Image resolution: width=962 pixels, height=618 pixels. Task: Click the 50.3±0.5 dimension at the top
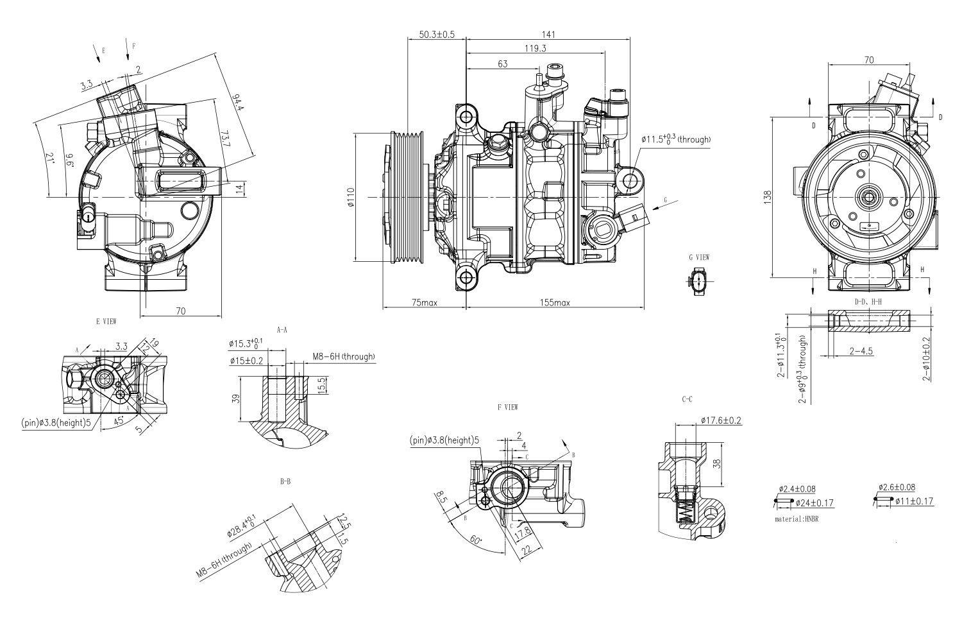[437, 35]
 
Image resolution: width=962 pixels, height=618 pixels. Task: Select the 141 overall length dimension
[548, 35]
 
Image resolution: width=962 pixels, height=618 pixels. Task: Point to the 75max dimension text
[425, 302]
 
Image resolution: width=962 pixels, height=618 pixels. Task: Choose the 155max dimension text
[554, 302]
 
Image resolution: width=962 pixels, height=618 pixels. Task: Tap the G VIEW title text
[699, 257]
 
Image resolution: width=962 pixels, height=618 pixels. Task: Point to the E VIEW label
[106, 321]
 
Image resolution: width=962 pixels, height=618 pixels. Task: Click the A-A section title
[282, 329]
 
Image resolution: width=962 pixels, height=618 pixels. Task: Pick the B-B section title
[286, 481]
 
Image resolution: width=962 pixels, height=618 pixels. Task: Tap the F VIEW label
[507, 407]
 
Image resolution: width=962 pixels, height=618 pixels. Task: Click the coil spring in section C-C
[686, 511]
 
